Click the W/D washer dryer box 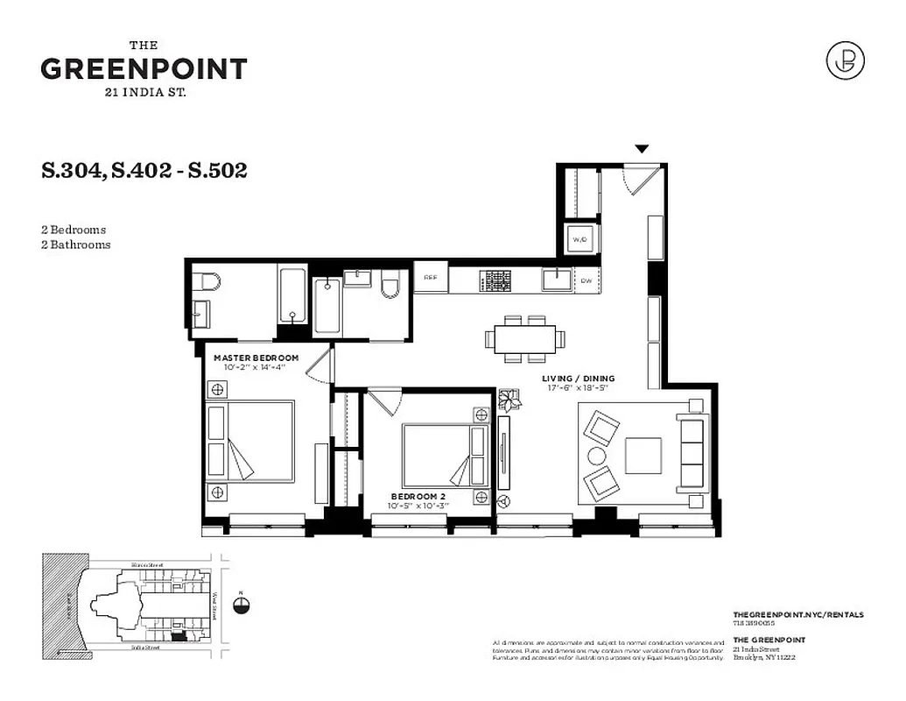(x=579, y=238)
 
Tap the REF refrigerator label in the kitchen (x=431, y=278)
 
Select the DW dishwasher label (x=586, y=280)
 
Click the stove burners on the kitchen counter (x=495, y=280)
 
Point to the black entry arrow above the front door (x=642, y=150)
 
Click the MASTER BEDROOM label (x=256, y=358)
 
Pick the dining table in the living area (x=525, y=338)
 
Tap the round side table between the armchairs (x=596, y=456)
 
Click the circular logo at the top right (x=845, y=60)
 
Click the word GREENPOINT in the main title (x=144, y=68)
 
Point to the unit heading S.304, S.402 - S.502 (x=144, y=170)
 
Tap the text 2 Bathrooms (x=76, y=245)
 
